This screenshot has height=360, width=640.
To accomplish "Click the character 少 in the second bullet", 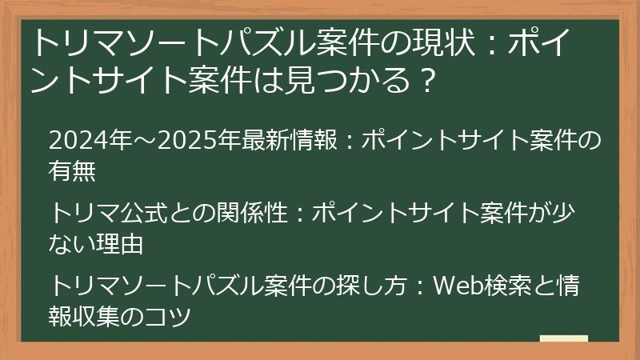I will pyautogui.click(x=574, y=214).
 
